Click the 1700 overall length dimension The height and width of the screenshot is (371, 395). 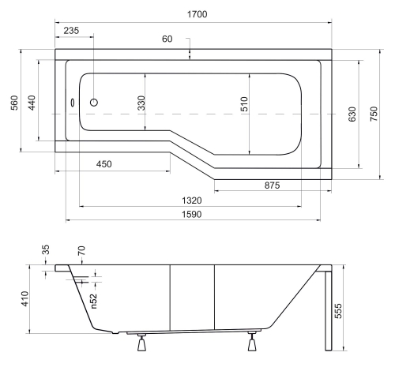point(197,14)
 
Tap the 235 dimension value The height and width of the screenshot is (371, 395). point(71,31)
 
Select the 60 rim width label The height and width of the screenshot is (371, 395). point(167,39)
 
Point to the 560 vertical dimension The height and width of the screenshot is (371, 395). point(15,103)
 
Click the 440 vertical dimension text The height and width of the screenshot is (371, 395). point(32,103)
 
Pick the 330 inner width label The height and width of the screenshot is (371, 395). point(141,103)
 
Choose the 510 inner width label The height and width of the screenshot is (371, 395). point(244,104)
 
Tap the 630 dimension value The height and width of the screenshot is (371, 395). point(352,114)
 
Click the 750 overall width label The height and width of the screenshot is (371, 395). point(374,114)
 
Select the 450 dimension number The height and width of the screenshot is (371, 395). point(103,164)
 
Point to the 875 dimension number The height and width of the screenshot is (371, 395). point(272,185)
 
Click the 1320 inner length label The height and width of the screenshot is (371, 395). point(192,200)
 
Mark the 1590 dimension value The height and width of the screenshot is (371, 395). point(192,215)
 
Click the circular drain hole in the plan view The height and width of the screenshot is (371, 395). point(94,102)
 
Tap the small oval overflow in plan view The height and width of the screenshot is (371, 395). point(72,103)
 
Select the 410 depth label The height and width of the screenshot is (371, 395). point(24,298)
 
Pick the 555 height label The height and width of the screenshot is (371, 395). point(338,311)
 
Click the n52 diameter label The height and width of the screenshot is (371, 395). point(94,301)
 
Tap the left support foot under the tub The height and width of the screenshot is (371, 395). point(141,343)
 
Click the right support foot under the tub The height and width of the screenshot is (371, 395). point(252,342)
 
